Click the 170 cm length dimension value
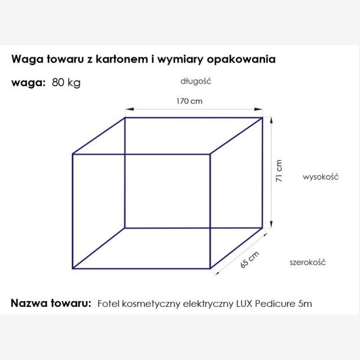(x=189, y=101)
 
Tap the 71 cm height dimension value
(x=280, y=171)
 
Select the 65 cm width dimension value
(x=250, y=260)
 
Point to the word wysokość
(x=319, y=176)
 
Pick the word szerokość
(x=307, y=262)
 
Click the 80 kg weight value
(x=66, y=82)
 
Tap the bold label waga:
(x=28, y=83)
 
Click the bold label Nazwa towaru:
(x=51, y=303)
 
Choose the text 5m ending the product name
(x=305, y=304)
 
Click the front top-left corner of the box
(x=73, y=155)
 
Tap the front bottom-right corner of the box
(x=211, y=269)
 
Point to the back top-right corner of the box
(x=263, y=117)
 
